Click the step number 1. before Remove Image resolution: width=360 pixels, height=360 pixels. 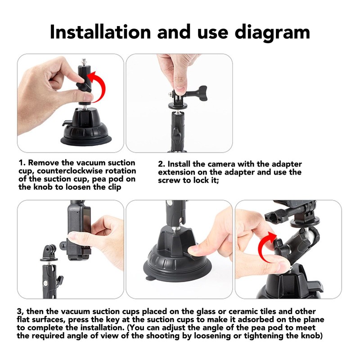tap(22, 163)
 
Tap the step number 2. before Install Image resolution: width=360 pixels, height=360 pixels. tap(161, 164)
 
